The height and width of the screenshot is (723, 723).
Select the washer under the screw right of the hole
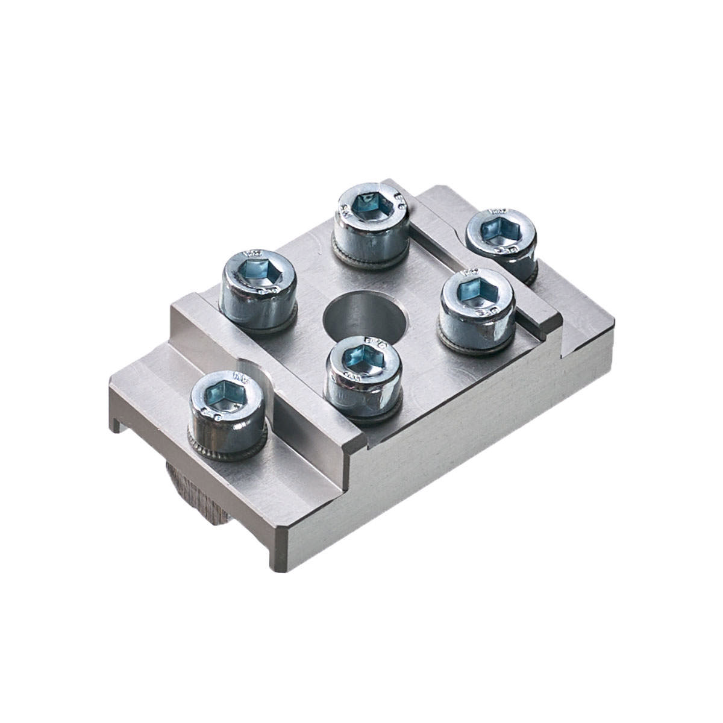point(476,346)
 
